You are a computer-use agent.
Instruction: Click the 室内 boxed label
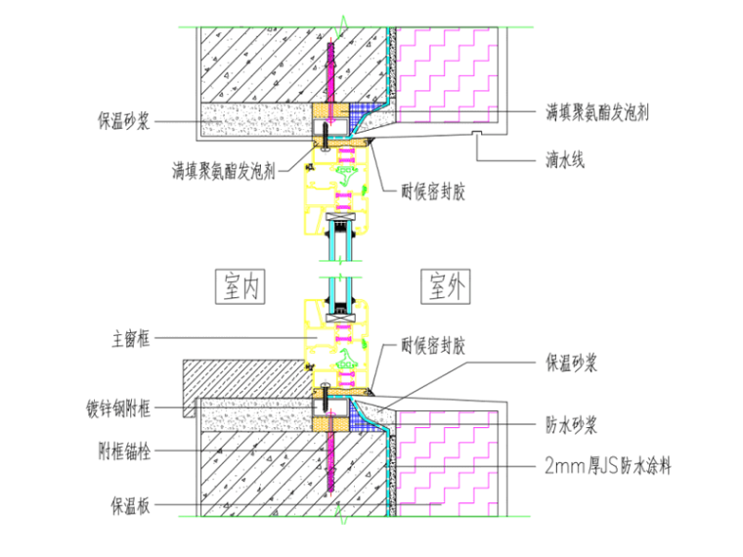coord(240,286)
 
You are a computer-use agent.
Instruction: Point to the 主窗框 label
coord(131,339)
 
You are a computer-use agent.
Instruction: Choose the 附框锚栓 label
coord(131,451)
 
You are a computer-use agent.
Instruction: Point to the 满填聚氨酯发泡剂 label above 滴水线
coord(598,112)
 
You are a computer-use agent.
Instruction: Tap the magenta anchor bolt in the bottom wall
coord(331,469)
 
